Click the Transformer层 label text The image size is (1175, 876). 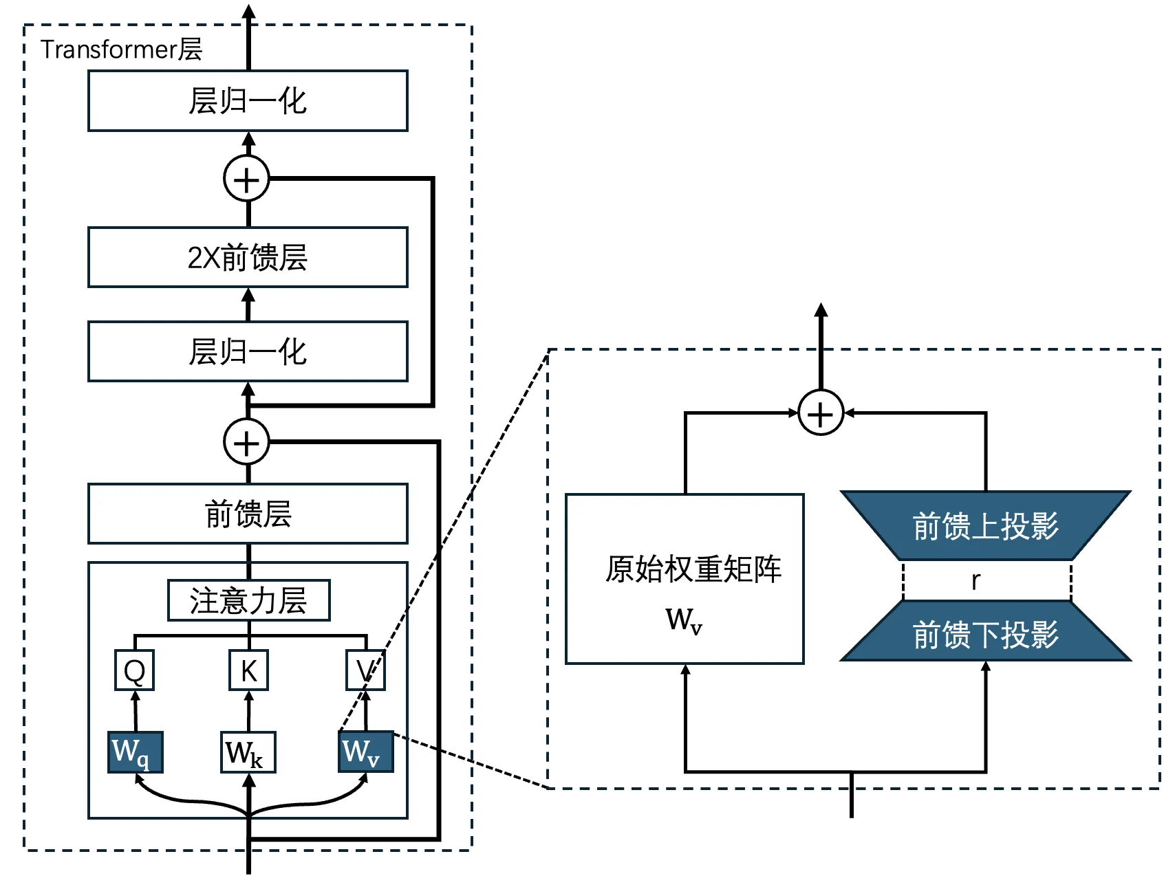(121, 50)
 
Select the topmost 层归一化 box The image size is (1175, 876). (248, 101)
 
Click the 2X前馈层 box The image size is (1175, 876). (248, 257)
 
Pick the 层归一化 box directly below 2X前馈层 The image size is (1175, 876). (248, 351)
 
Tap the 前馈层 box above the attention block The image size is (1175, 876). (248, 514)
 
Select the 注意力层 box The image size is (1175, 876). (248, 600)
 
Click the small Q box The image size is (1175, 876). (134, 670)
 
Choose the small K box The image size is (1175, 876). (248, 670)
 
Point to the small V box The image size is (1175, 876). (365, 670)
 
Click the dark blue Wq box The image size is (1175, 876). (135, 752)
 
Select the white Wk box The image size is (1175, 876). (248, 752)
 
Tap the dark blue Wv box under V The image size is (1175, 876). (365, 752)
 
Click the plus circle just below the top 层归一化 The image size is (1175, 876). (246, 179)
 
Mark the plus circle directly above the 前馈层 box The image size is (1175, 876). (246, 442)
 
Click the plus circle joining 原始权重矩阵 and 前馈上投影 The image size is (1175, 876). (820, 413)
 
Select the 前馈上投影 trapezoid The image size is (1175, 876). (985, 526)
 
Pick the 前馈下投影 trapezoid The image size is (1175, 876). (985, 633)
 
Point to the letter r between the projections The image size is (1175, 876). (975, 581)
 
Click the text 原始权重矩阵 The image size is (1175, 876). (693, 569)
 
